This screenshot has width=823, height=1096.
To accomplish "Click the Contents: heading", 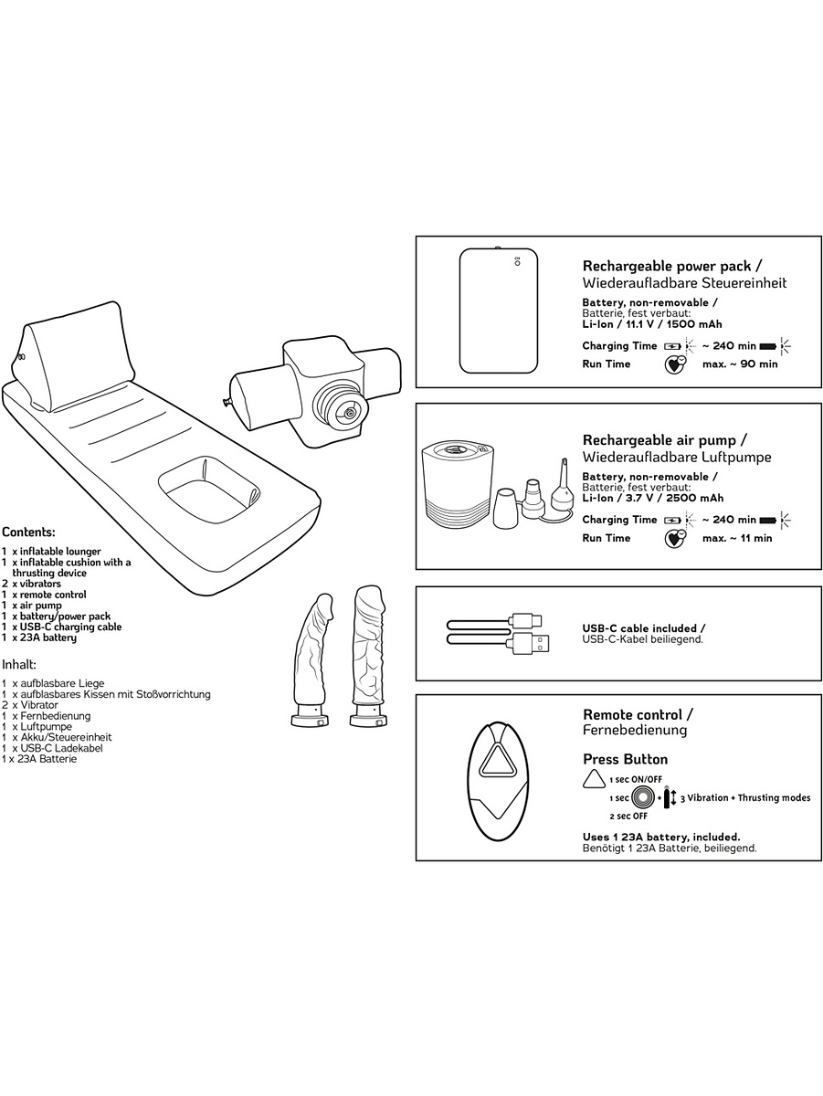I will (x=28, y=532).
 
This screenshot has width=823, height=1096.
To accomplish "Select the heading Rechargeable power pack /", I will (x=667, y=266).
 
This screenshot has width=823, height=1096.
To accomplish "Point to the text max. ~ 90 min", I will (x=740, y=364).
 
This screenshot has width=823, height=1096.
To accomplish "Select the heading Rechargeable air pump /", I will (x=665, y=439).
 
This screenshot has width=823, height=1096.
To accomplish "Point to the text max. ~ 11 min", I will (x=736, y=538).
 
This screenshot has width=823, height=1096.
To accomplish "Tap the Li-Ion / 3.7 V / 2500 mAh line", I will (x=652, y=498).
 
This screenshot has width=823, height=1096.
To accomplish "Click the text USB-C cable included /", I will (x=643, y=628).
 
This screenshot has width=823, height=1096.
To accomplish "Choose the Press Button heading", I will (x=625, y=760).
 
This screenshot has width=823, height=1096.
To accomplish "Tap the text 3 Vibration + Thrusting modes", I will (x=744, y=798).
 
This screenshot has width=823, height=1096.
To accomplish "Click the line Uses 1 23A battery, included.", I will (x=660, y=837).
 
